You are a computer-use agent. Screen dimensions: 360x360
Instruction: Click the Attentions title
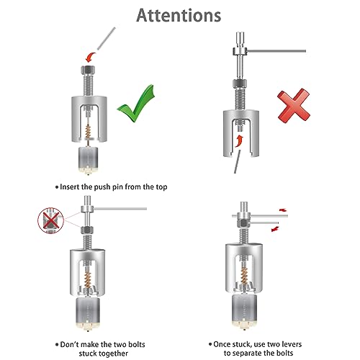pos(179,15)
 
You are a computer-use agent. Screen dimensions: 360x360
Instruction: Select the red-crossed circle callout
pos(50,220)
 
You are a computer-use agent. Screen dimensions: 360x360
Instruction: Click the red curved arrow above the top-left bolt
pos(91,58)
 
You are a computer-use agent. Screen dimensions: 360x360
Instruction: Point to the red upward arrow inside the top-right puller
pos(239,141)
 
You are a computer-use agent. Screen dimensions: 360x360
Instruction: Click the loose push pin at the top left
pos(107,38)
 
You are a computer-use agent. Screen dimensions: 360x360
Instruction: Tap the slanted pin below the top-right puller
pos(238,161)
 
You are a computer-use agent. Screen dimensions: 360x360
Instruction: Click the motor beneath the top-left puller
pos(89,161)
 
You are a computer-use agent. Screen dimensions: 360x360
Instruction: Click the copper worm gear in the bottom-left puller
pos(88,279)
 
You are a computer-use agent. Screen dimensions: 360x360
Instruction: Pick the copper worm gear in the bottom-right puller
pos(244,276)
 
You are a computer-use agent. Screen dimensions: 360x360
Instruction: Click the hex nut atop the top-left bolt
pos(88,70)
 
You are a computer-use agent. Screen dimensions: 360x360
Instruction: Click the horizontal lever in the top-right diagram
pos(276,51)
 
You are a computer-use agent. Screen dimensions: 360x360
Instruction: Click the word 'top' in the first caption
pos(161,187)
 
